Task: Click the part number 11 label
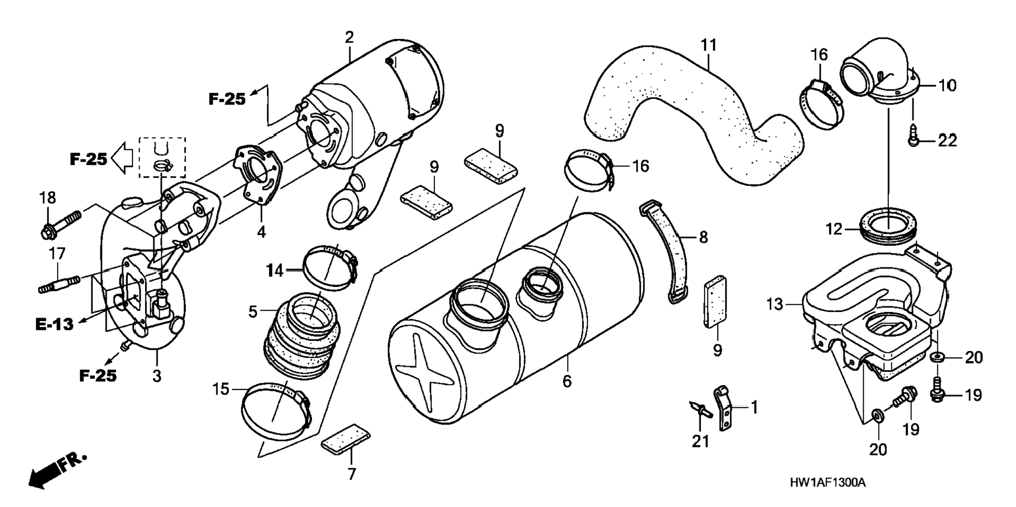coord(709,45)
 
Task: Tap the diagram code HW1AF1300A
coord(827,483)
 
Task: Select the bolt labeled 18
coord(61,224)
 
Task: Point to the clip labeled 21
coord(700,409)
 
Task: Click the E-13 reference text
coord(55,324)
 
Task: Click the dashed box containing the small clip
coord(162,157)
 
